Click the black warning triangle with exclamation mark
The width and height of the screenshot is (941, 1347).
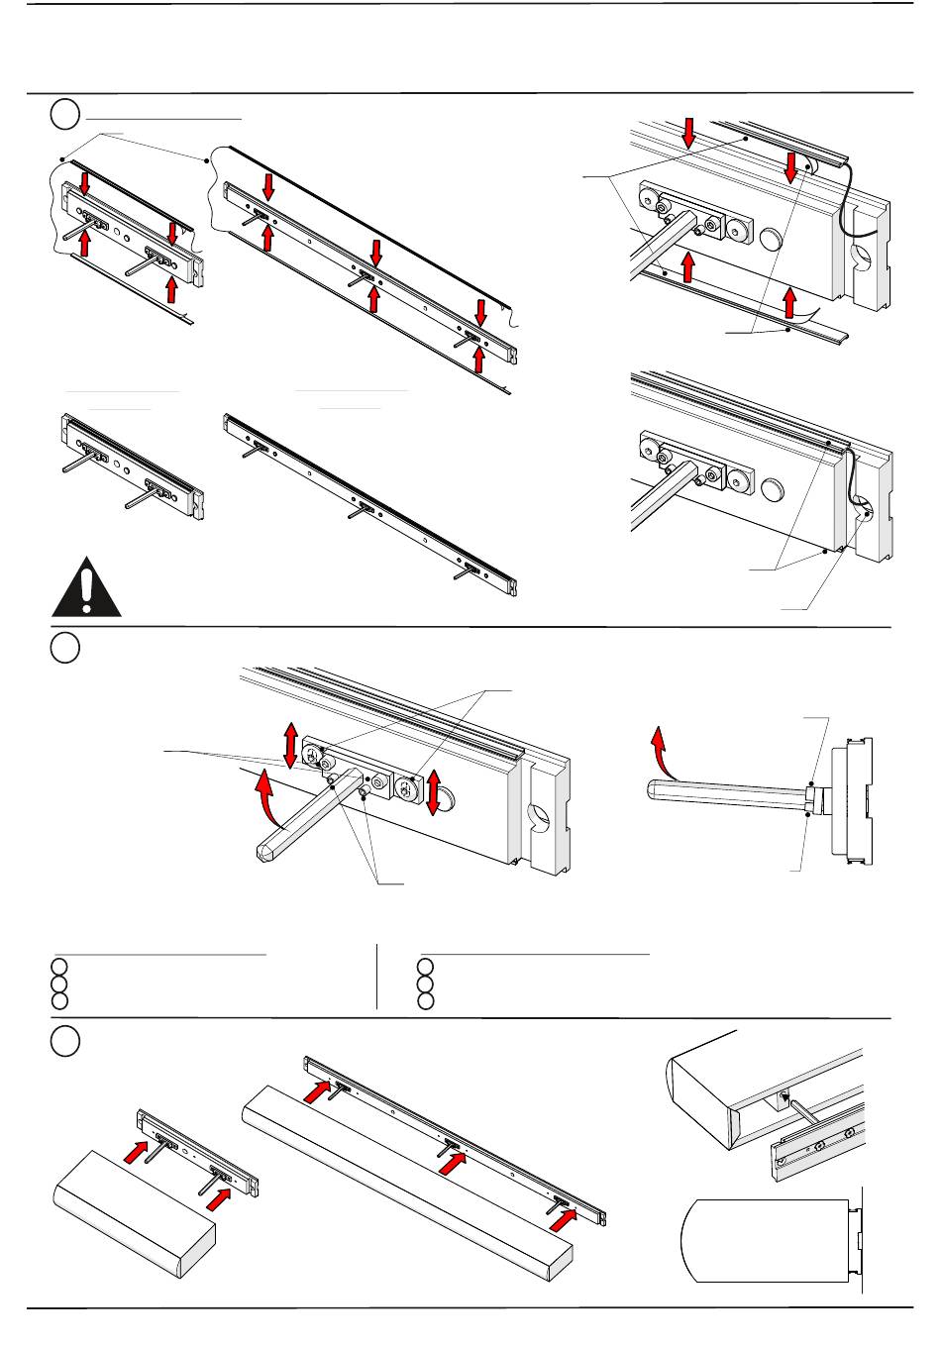tap(87, 590)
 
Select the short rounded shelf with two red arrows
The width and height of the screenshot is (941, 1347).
tap(133, 1214)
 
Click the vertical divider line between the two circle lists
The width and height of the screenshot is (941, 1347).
tap(377, 977)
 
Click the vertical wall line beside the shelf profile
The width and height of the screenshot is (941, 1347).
tap(863, 1238)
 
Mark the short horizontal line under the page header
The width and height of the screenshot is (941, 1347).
tap(164, 117)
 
